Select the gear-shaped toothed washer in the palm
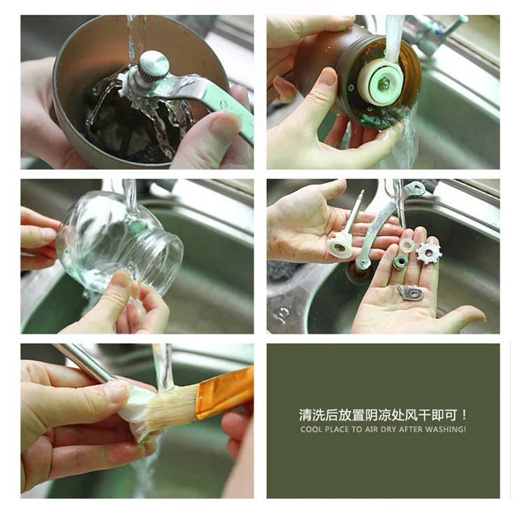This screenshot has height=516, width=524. click(x=429, y=253)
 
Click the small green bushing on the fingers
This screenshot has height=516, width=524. click(x=400, y=262)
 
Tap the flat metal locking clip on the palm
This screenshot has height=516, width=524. click(x=410, y=293)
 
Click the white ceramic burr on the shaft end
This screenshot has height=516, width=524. click(x=339, y=246)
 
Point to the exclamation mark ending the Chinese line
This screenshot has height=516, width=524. click(x=463, y=415)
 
